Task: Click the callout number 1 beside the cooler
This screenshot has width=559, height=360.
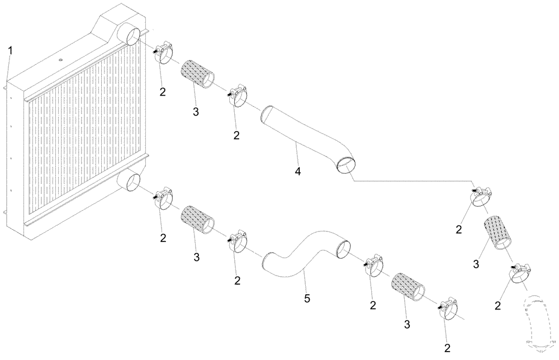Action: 10,50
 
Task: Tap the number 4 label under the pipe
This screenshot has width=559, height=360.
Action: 298,172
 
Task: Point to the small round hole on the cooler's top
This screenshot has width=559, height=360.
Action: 61,59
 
